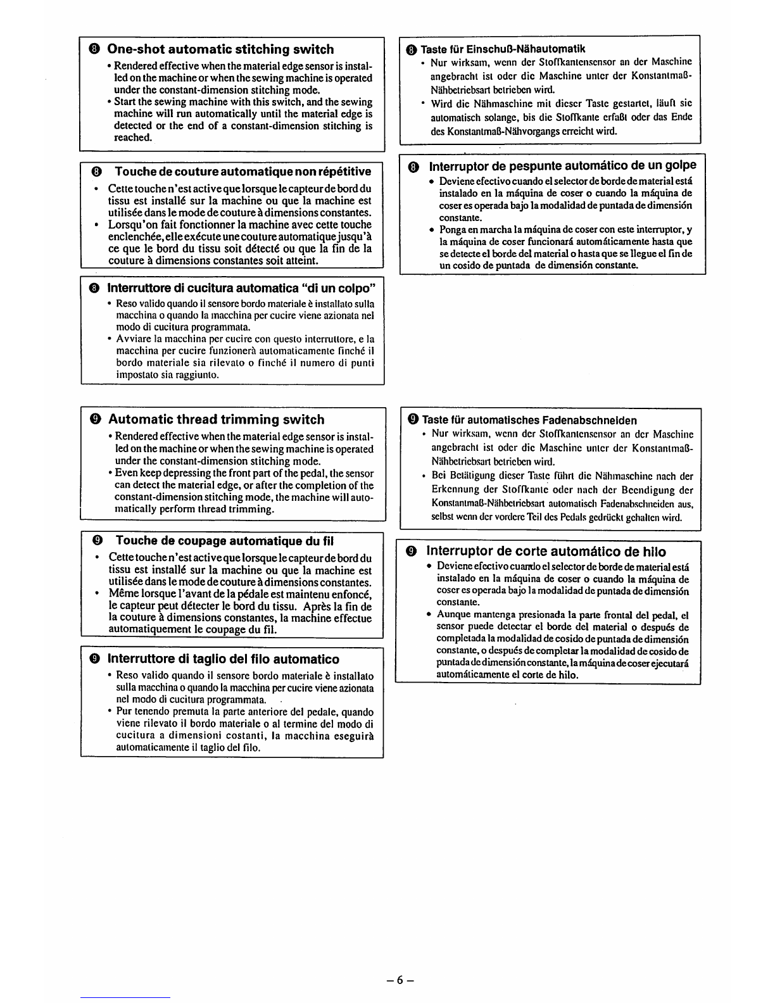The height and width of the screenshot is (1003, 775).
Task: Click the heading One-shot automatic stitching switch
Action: click(220, 49)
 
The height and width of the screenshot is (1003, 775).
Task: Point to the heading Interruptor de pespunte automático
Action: click(562, 166)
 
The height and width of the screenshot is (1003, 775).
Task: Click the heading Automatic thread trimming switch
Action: click(216, 420)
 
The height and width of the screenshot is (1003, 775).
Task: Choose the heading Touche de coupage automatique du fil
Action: click(224, 541)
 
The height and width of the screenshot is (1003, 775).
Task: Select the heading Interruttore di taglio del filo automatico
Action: click(223, 659)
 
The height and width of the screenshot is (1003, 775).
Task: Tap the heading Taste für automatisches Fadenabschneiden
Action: click(529, 420)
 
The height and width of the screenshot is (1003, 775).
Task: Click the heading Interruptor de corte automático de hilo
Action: click(546, 552)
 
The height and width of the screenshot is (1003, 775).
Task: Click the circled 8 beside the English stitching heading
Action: click(94, 49)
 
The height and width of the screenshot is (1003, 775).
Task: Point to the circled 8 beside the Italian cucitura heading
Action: click(94, 289)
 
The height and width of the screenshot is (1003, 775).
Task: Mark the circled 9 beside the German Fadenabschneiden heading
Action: click(413, 420)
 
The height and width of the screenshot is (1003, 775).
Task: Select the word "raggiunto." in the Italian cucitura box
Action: click(198, 375)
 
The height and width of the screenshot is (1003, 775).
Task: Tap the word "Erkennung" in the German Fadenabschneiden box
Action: click(452, 490)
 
